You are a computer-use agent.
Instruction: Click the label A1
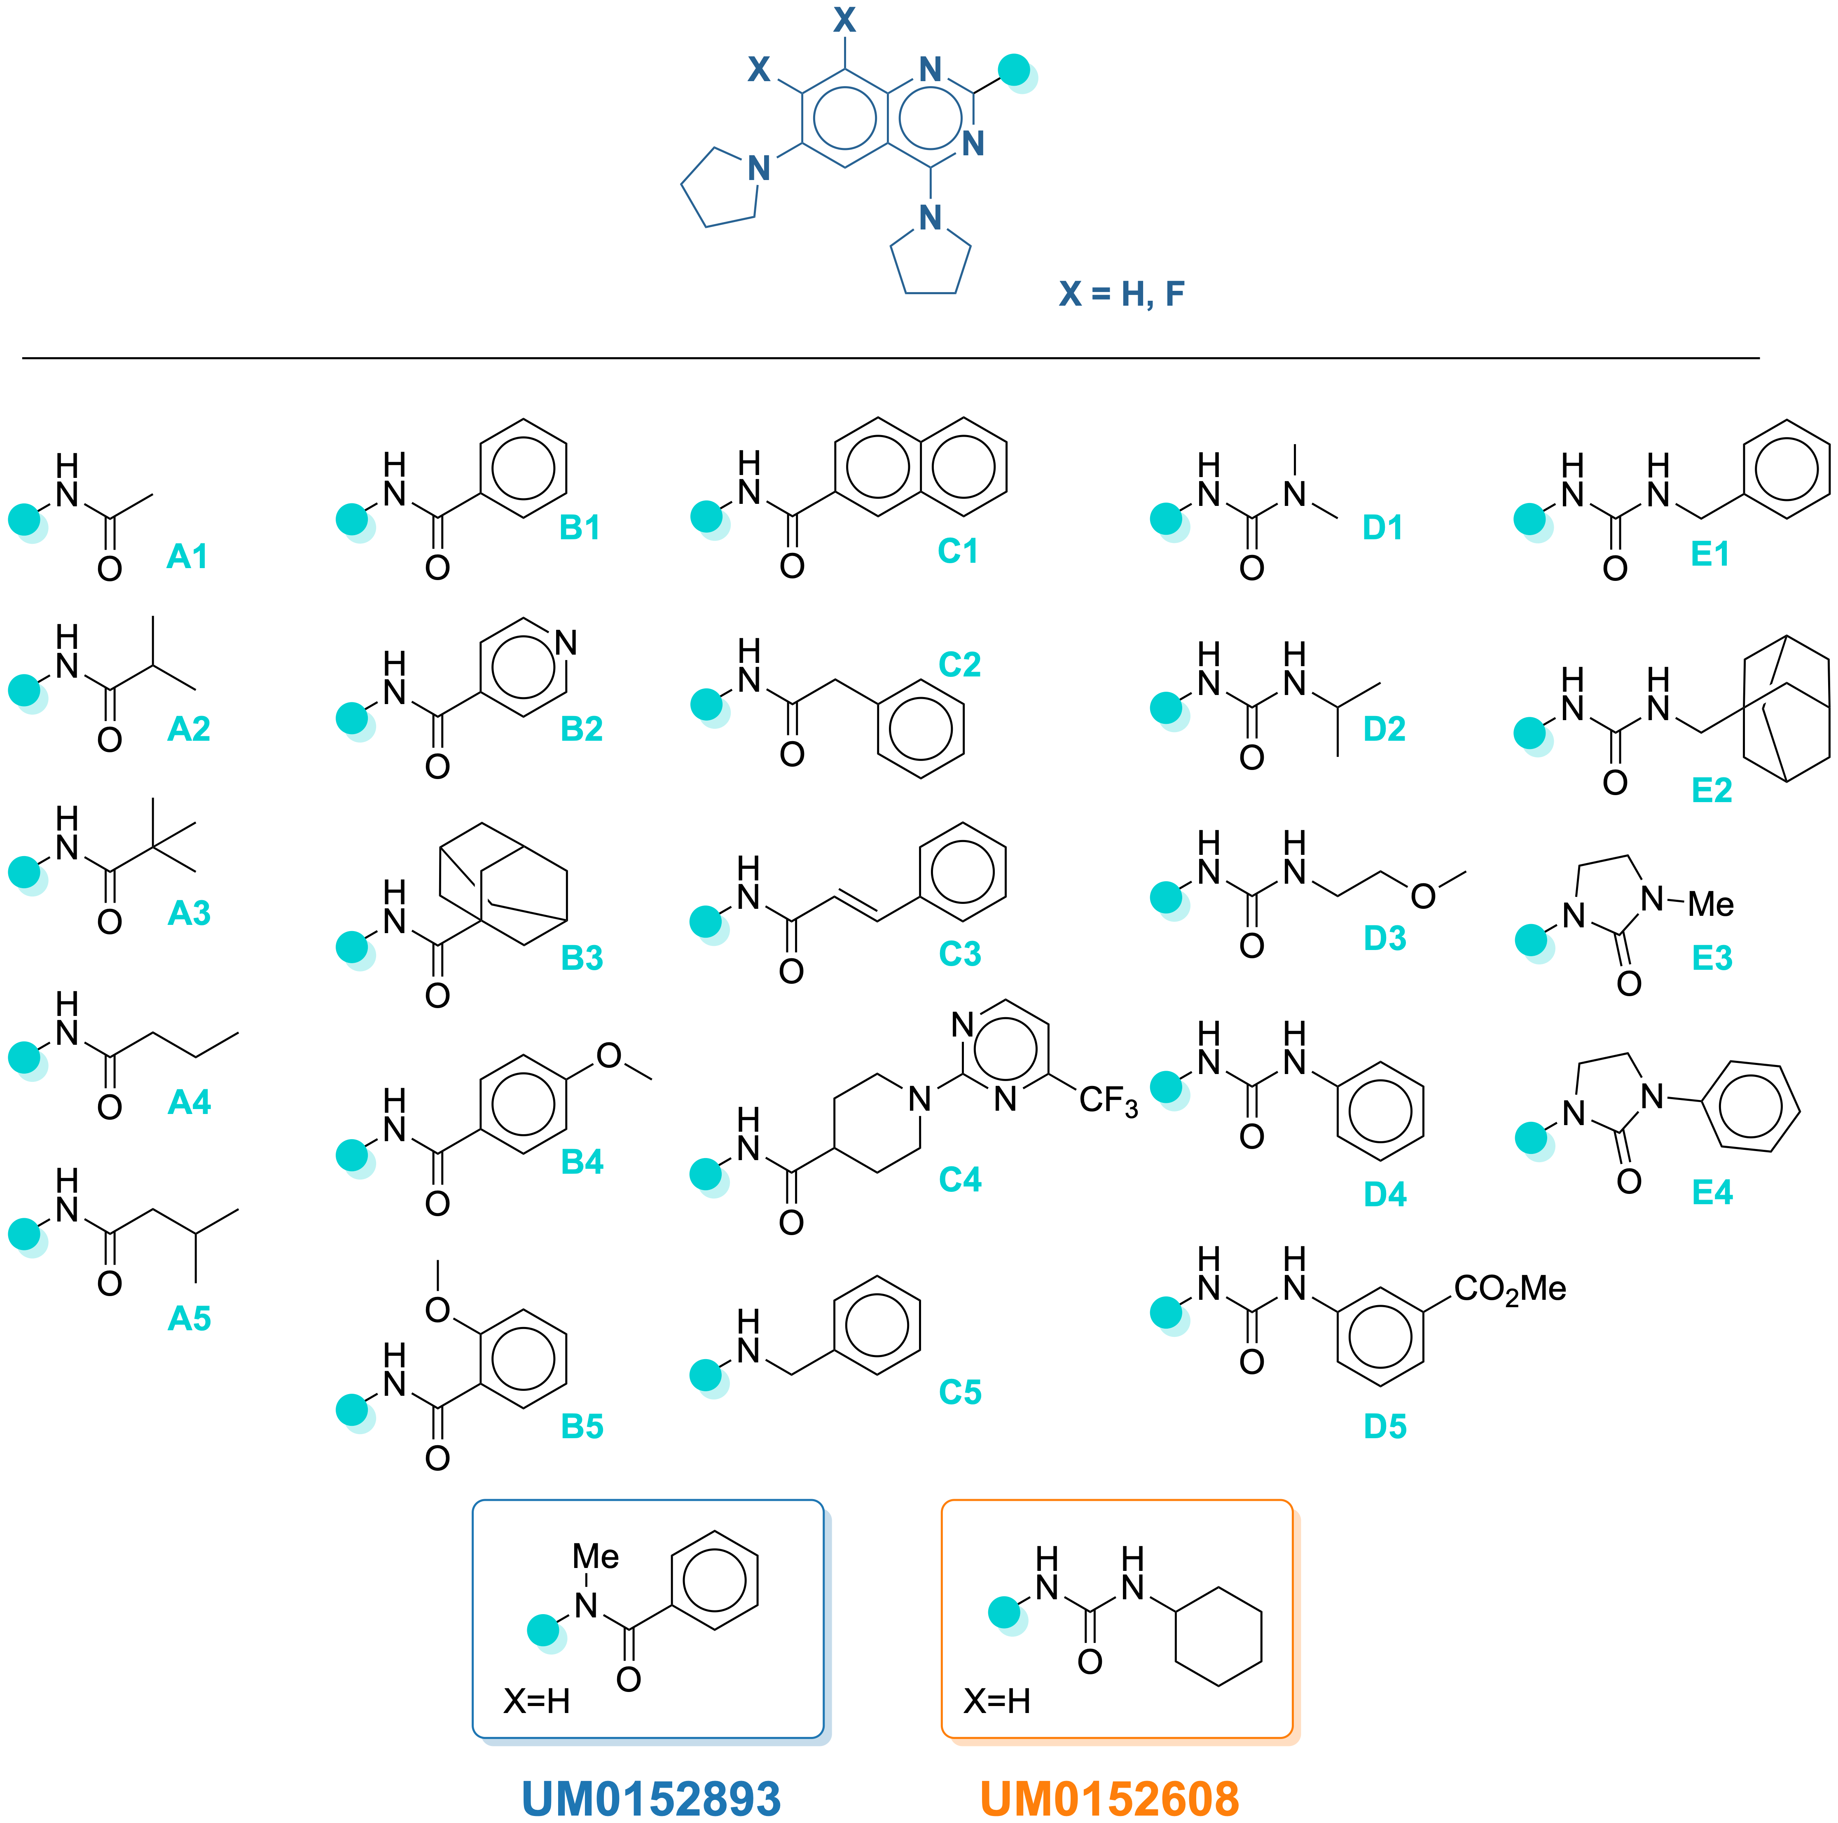pyautogui.click(x=187, y=557)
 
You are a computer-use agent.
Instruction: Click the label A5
pyautogui.click(x=189, y=1319)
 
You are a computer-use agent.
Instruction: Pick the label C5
pyautogui.click(x=960, y=1392)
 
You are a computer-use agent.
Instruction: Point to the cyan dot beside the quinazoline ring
pyautogui.click(x=1018, y=74)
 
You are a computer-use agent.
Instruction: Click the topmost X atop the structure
pyautogui.click(x=845, y=19)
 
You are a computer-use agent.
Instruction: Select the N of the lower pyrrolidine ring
pyautogui.click(x=931, y=218)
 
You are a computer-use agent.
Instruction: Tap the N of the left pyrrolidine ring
pyautogui.click(x=758, y=168)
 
